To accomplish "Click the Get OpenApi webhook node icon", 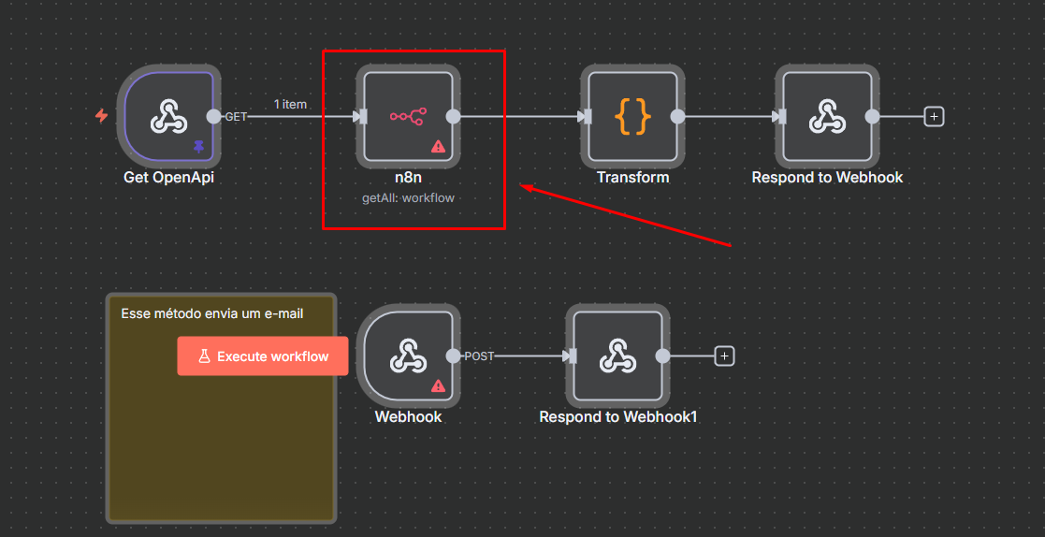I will tap(169, 117).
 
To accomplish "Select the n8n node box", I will tap(407, 117).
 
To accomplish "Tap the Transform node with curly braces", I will tap(632, 117).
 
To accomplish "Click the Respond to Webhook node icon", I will tap(827, 117).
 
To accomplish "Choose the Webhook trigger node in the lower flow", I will tap(408, 356).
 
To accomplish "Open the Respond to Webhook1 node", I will tap(617, 356).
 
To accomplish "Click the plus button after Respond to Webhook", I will tap(934, 117).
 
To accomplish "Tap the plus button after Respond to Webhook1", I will tap(724, 356).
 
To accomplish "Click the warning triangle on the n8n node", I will tap(438, 146).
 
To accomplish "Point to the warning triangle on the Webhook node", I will tap(438, 385).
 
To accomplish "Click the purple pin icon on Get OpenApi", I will tap(198, 146).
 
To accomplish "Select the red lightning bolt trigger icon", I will tap(102, 116).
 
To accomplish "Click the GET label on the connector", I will tap(236, 117).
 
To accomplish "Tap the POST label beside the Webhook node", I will tap(479, 356).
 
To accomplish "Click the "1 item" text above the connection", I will tap(290, 104).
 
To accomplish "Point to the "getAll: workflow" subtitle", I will tap(408, 198).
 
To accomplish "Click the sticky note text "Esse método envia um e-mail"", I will tap(212, 313).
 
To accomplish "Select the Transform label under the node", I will tap(632, 177).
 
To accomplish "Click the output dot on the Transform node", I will tap(677, 117).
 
